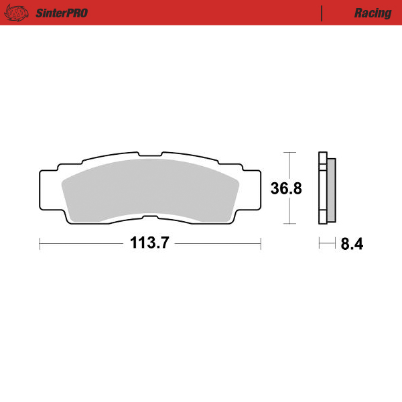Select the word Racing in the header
tap(373, 13)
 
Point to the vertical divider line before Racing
tap(322, 13)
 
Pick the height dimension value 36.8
tap(286, 188)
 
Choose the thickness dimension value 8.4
tap(351, 245)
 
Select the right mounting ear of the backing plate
tap(251, 189)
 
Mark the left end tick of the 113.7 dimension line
tap(40, 244)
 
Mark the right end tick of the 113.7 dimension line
tap(260, 244)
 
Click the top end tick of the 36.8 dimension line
tap(288, 153)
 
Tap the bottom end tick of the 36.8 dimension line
tap(288, 224)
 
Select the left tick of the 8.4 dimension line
tap(320, 244)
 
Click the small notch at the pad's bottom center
tap(151, 216)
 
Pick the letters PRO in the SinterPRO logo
tap(77, 13)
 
